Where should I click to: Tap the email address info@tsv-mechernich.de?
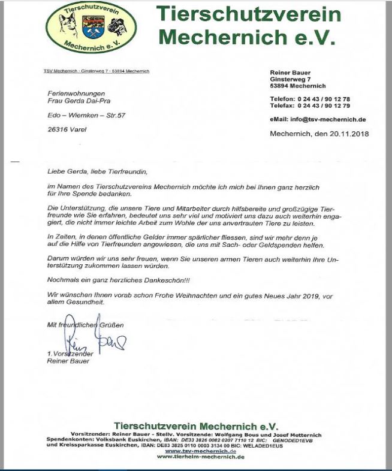[x=328, y=119]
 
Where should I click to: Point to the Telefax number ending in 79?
[x=324, y=105]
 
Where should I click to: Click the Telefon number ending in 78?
[x=324, y=98]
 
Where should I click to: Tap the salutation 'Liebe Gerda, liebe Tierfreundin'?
[x=97, y=171]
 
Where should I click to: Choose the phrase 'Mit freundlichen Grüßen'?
[x=85, y=325]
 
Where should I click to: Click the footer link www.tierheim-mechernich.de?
[x=200, y=457]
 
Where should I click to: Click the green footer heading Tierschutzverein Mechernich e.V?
[x=195, y=425]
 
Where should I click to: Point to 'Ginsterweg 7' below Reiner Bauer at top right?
[x=290, y=79]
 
